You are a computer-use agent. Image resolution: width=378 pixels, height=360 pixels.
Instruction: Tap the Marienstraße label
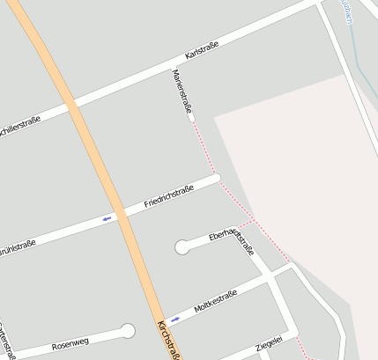tap(183, 93)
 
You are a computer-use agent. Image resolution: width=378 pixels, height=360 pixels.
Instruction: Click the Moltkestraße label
tap(215, 300)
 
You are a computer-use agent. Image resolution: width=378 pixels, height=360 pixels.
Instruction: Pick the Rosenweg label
tap(70, 343)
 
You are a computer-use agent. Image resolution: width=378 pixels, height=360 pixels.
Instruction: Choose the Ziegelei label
tap(268, 342)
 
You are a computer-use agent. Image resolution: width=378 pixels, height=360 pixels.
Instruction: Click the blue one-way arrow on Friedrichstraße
tap(108, 217)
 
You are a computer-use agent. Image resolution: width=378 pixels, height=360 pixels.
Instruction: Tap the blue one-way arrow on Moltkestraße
tap(174, 318)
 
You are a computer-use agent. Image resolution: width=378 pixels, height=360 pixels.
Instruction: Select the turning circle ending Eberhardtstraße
tap(182, 247)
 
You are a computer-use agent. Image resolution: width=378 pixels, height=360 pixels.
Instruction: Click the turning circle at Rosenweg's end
tap(128, 331)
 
